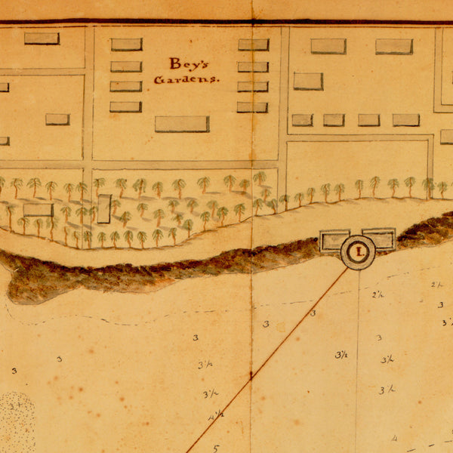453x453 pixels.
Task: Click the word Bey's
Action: click(186, 64)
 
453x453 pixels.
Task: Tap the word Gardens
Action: click(186, 79)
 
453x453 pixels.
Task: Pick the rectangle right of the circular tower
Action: click(380, 239)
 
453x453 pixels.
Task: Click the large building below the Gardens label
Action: click(182, 124)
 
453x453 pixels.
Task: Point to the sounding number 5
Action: click(215, 447)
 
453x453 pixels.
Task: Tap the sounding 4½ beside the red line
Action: click(216, 414)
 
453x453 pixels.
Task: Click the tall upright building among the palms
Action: click(103, 209)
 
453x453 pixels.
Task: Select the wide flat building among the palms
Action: click(38, 210)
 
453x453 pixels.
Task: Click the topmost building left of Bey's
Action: click(126, 45)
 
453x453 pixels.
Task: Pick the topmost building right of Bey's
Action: click(254, 45)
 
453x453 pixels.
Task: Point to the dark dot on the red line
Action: click(251, 374)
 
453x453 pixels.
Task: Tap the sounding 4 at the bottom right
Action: click(394, 439)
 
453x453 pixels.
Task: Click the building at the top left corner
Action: click(42, 38)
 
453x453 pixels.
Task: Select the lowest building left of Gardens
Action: click(125, 106)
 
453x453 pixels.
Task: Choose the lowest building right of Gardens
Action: click(252, 107)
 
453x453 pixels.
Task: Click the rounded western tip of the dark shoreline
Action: click(9, 276)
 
